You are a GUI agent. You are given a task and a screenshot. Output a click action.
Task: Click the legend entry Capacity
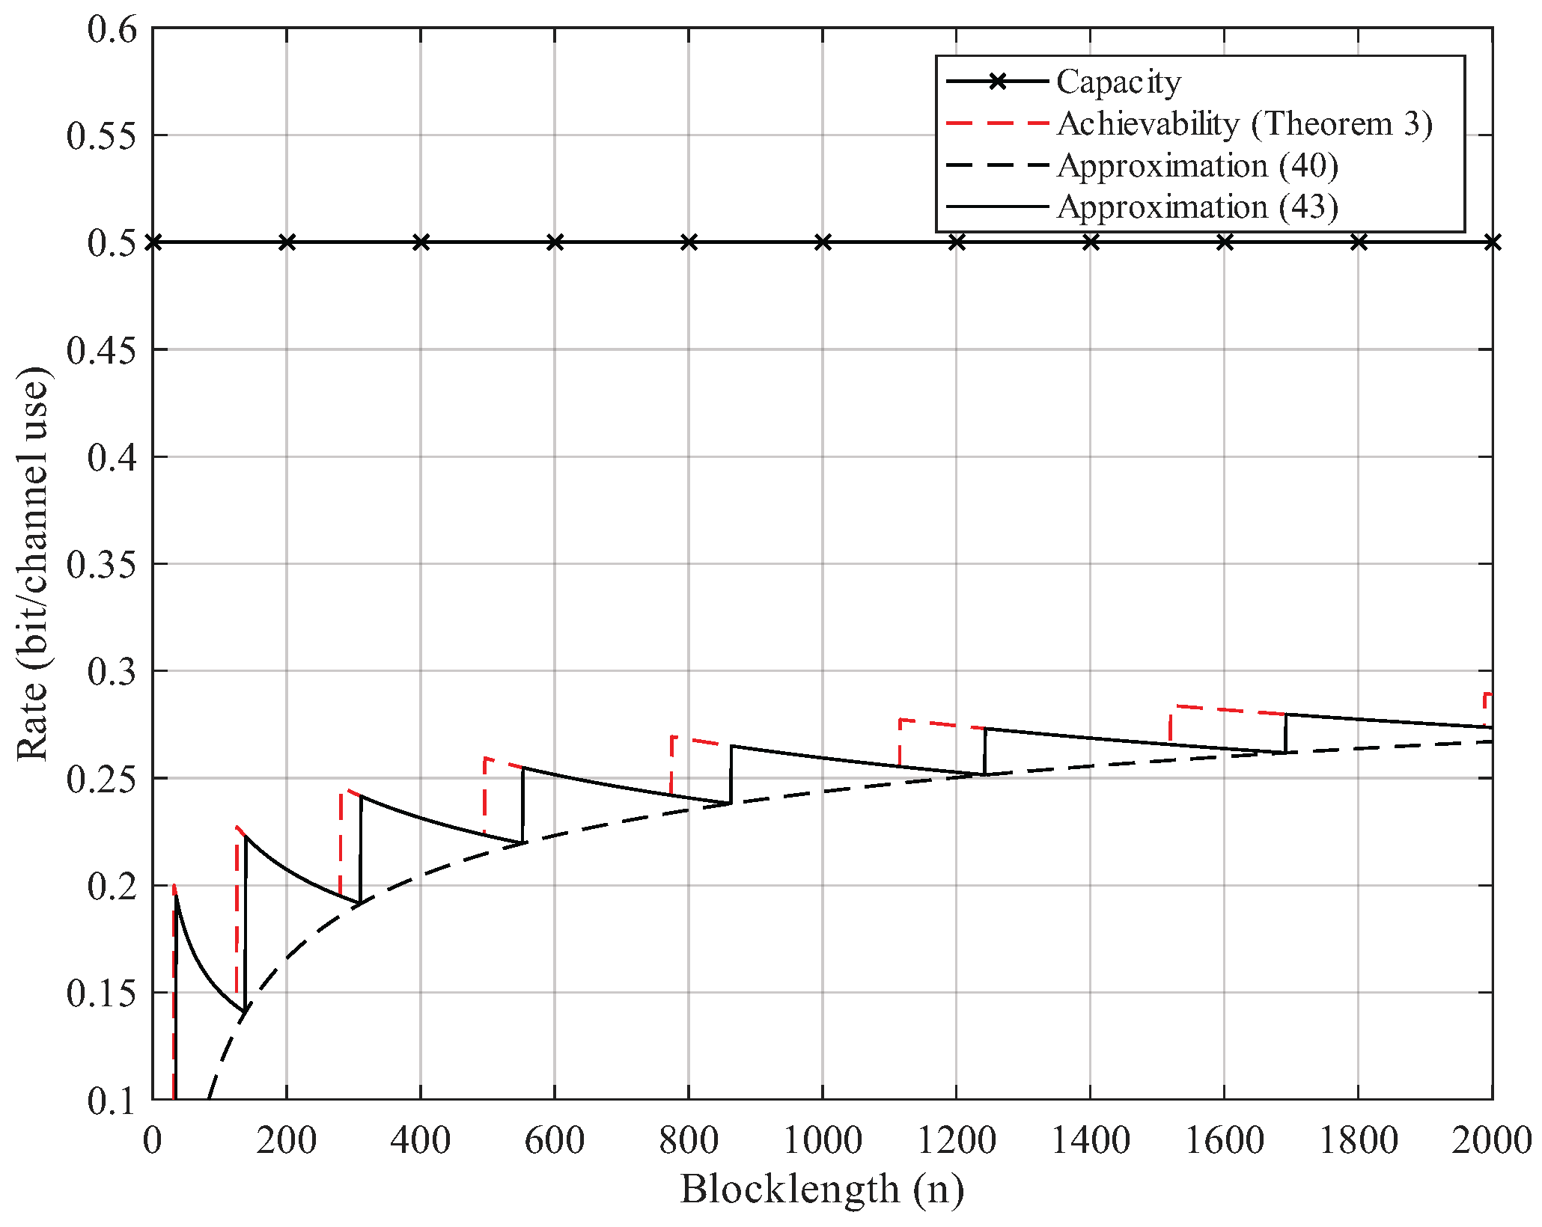tap(1118, 82)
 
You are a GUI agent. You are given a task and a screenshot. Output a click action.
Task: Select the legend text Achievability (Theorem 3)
tap(1244, 123)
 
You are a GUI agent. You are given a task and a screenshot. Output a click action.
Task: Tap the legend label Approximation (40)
tap(1197, 165)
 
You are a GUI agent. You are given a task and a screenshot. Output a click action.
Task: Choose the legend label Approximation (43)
tap(1197, 206)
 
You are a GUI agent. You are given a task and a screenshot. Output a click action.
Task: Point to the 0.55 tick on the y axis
tap(103, 136)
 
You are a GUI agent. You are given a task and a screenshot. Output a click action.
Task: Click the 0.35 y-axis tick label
tap(103, 564)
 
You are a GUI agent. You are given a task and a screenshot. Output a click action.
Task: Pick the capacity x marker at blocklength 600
tap(555, 242)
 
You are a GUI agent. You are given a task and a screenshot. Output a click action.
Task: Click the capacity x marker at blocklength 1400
tap(1091, 242)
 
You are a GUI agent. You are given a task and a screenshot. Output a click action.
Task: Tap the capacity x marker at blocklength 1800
tap(1359, 242)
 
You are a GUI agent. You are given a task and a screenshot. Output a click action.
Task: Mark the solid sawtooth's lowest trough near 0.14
tap(245, 1012)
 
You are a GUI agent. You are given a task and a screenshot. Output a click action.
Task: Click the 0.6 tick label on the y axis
tap(112, 30)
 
